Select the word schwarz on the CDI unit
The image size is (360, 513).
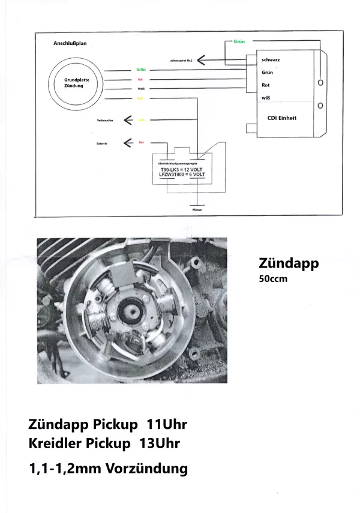tap(272, 60)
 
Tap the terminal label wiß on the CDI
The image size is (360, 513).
tap(266, 98)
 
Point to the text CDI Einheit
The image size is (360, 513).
tap(281, 118)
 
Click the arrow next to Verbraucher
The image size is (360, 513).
tap(128, 119)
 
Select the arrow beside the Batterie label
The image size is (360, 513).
tap(128, 142)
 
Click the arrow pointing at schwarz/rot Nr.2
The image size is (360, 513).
tap(202, 60)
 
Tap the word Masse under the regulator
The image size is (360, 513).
tap(197, 211)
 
